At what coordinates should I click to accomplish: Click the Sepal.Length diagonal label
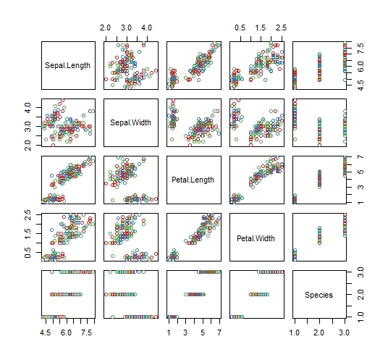pyautogui.click(x=68, y=65)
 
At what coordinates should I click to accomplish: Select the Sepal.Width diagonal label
pyautogui.click(x=131, y=122)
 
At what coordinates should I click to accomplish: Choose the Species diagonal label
pyautogui.click(x=319, y=294)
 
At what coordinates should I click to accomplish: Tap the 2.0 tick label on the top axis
pyautogui.click(x=105, y=28)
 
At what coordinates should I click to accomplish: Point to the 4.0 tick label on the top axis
pyautogui.click(x=146, y=28)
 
